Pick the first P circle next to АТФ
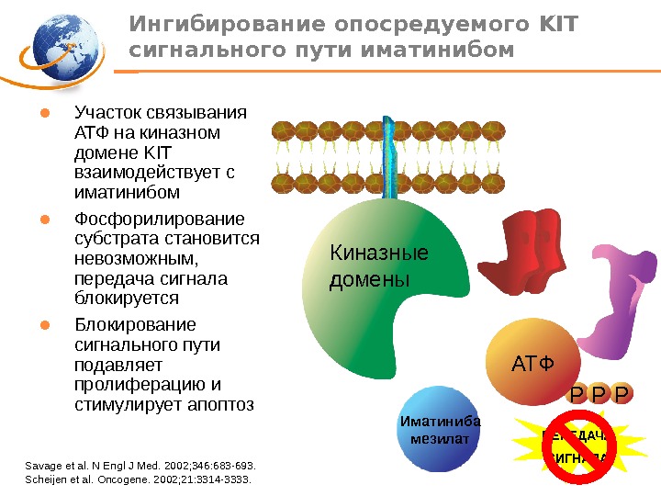[576, 394]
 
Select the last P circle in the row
[622, 394]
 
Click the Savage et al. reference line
[141, 466]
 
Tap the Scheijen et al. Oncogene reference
[137, 479]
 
